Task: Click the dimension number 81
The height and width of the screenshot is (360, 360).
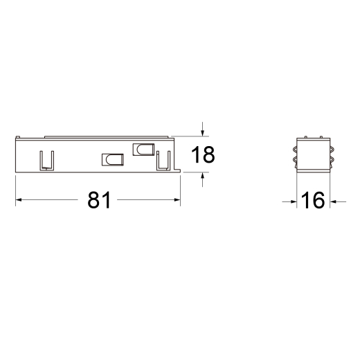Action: pos(99,200)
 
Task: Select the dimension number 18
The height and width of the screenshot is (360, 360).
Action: pos(203,154)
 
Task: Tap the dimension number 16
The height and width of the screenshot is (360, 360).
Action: pos(313,200)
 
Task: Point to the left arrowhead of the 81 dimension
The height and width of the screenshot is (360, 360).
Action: pos(19,199)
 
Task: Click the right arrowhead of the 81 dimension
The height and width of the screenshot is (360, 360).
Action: pos(177,199)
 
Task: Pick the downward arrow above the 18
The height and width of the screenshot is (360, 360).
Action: pos(202,129)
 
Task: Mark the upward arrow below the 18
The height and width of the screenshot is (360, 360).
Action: pos(202,179)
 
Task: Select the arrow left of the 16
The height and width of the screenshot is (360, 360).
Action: pos(289,202)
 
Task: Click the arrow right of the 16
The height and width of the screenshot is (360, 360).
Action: pos(338,202)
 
